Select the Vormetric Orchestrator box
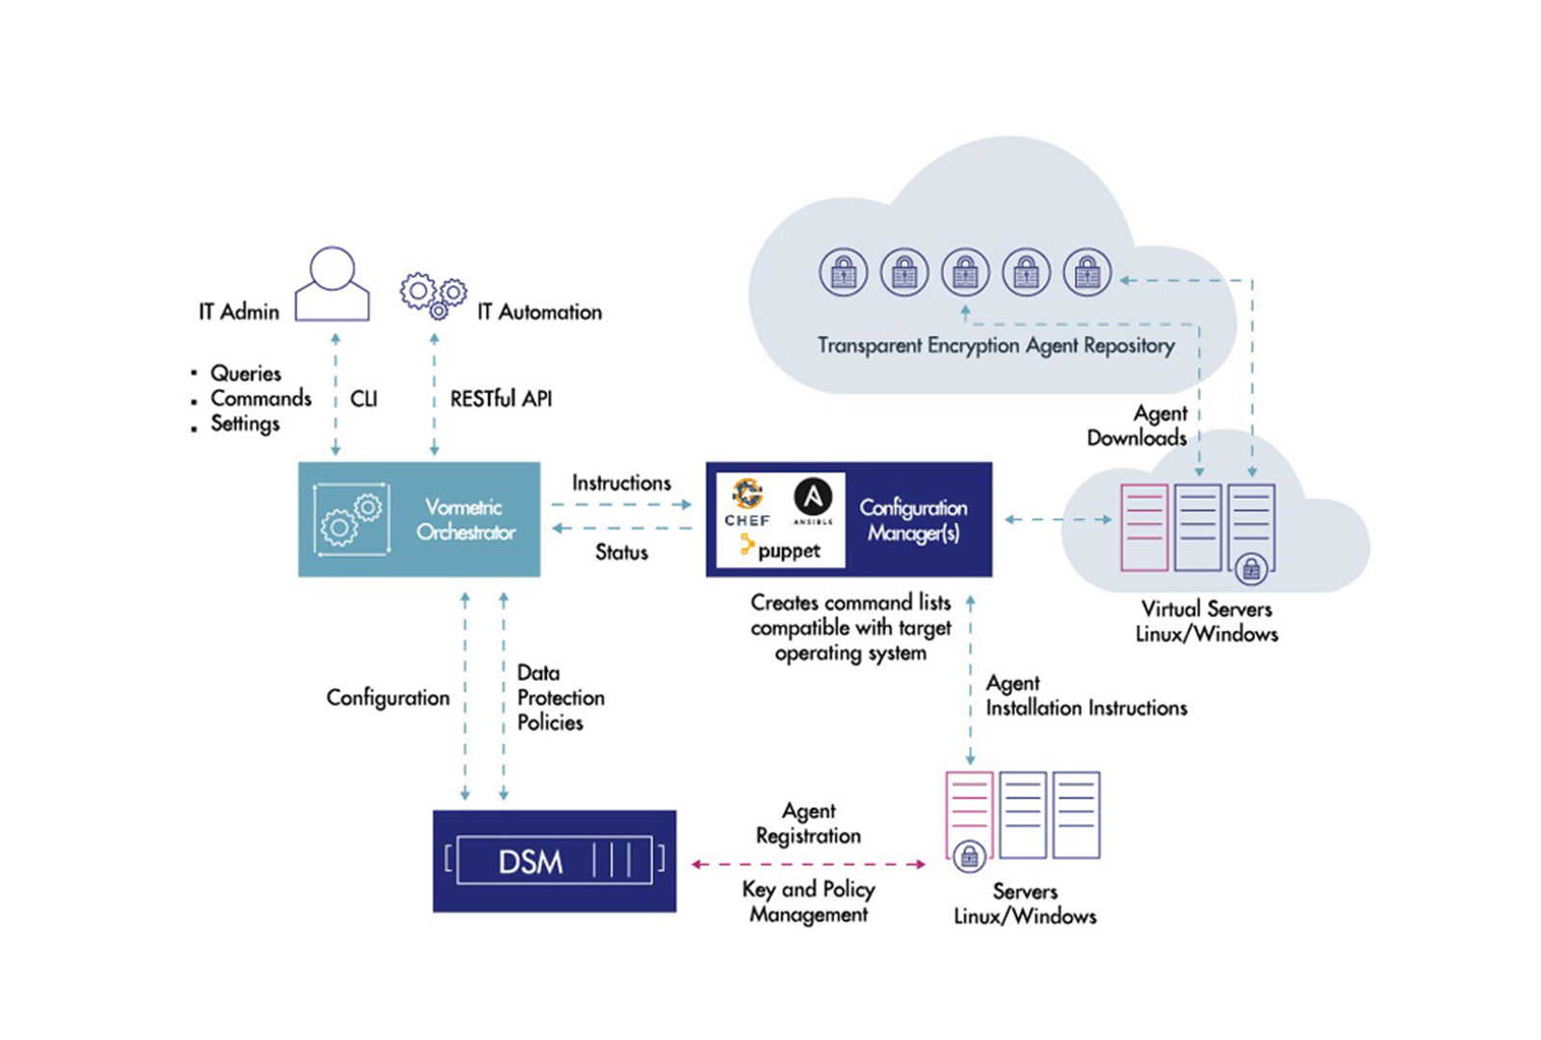(419, 519)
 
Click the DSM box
(554, 861)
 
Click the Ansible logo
(813, 500)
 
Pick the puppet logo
(780, 550)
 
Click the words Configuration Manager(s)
(913, 520)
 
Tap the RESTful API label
(501, 399)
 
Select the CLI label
(364, 399)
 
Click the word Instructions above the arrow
(621, 482)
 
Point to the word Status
(621, 552)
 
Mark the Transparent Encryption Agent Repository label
(996, 345)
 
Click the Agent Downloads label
(1137, 426)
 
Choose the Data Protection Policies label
(560, 697)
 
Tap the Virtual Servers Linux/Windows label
(1207, 621)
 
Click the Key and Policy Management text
(808, 901)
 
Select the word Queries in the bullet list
(246, 373)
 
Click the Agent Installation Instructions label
(1085, 695)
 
